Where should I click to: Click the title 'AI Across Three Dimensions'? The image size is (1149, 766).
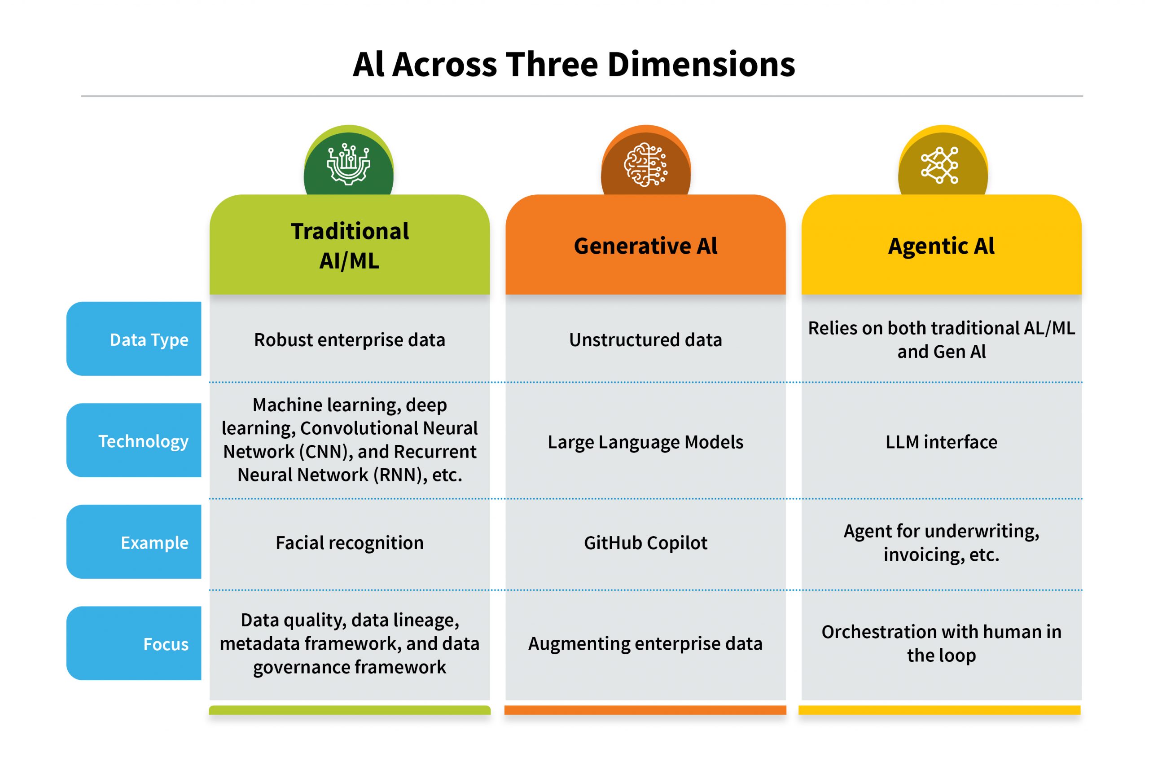click(574, 65)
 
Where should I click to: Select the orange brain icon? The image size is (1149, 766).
click(645, 165)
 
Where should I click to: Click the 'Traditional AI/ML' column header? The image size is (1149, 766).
click(349, 245)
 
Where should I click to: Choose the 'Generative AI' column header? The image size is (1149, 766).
click(645, 246)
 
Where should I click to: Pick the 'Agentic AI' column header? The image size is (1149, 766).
click(941, 246)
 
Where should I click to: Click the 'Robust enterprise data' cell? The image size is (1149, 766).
click(349, 339)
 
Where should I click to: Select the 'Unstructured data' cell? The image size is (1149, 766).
click(645, 339)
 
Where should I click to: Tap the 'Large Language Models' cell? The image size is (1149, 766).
click(645, 442)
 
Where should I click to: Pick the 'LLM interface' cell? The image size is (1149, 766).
click(941, 442)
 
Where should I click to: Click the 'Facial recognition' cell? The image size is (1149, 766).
click(349, 543)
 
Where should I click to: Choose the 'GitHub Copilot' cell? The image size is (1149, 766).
click(645, 543)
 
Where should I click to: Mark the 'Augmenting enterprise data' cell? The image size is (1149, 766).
click(645, 643)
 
